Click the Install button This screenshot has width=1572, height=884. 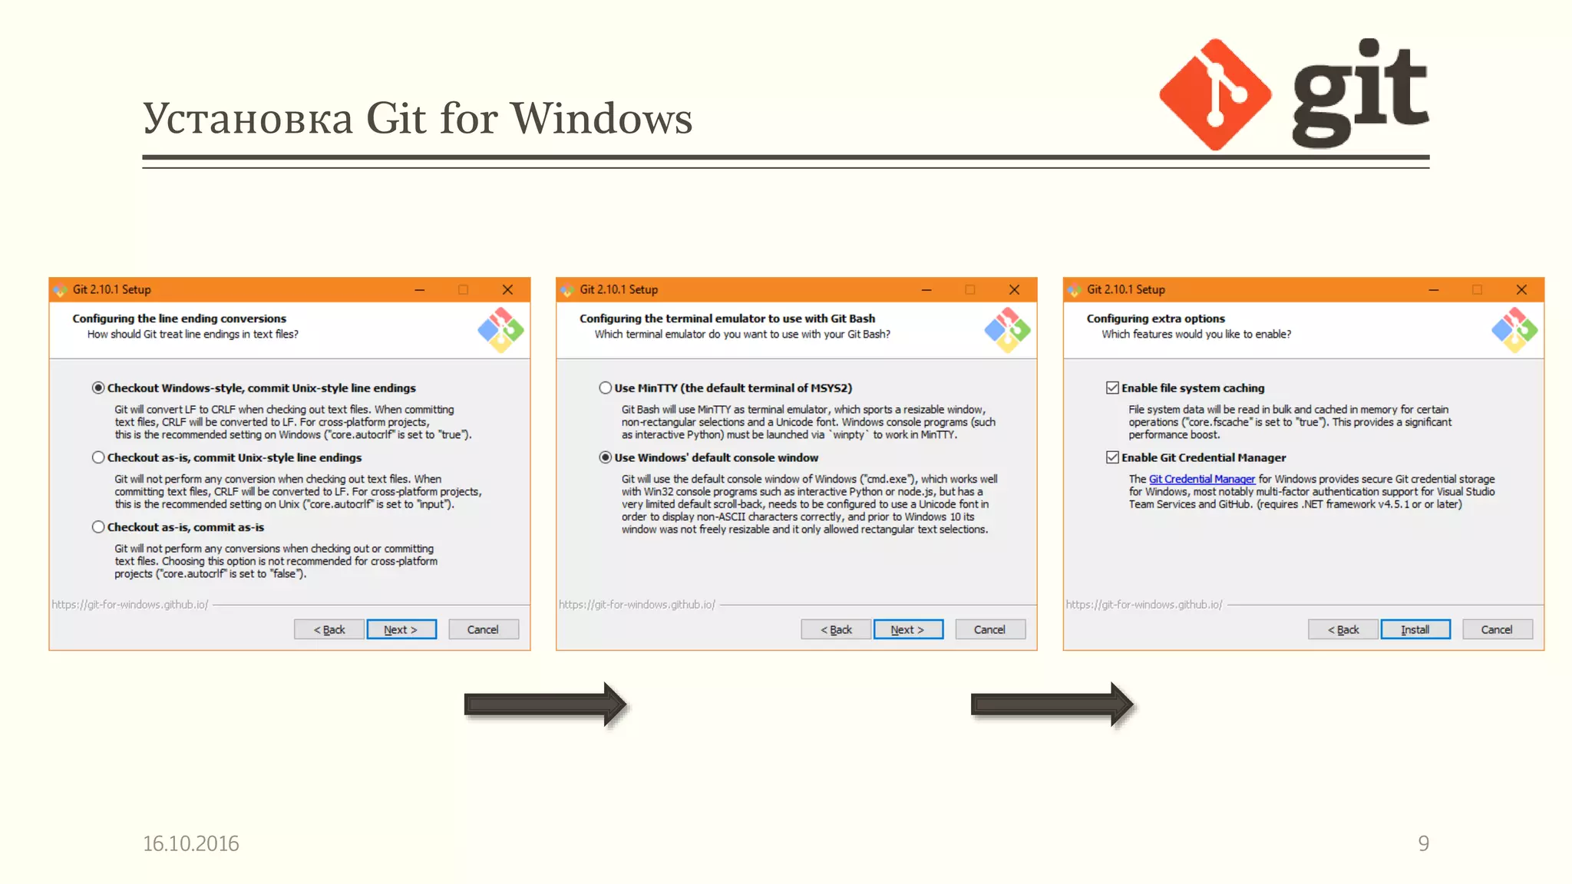pos(1415,629)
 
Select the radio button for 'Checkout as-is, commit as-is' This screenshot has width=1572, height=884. pos(98,527)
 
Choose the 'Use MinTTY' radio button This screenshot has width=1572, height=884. pos(606,388)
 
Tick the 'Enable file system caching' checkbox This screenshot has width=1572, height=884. pos(1112,388)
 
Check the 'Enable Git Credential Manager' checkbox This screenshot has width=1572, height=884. pos(1112,457)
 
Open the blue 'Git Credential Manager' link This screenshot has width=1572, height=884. pos(1201,480)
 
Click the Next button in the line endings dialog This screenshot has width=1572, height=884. pos(401,629)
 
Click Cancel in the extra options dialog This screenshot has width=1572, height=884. pos(1496,629)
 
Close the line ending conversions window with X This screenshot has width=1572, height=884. pos(507,290)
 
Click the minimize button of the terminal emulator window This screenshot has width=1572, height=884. pos(926,290)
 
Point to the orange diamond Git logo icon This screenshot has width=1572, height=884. pos(1214,94)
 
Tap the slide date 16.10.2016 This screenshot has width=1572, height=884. pos(191,843)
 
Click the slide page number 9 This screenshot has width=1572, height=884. pos(1423,843)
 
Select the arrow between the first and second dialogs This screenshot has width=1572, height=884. pos(545,704)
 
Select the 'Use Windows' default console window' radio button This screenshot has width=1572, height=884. pos(606,457)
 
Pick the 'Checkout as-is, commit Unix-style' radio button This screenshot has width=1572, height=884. pos(98,457)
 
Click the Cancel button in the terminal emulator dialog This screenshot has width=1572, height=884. pos(989,629)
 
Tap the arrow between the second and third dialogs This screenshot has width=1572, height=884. pos(1052,704)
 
